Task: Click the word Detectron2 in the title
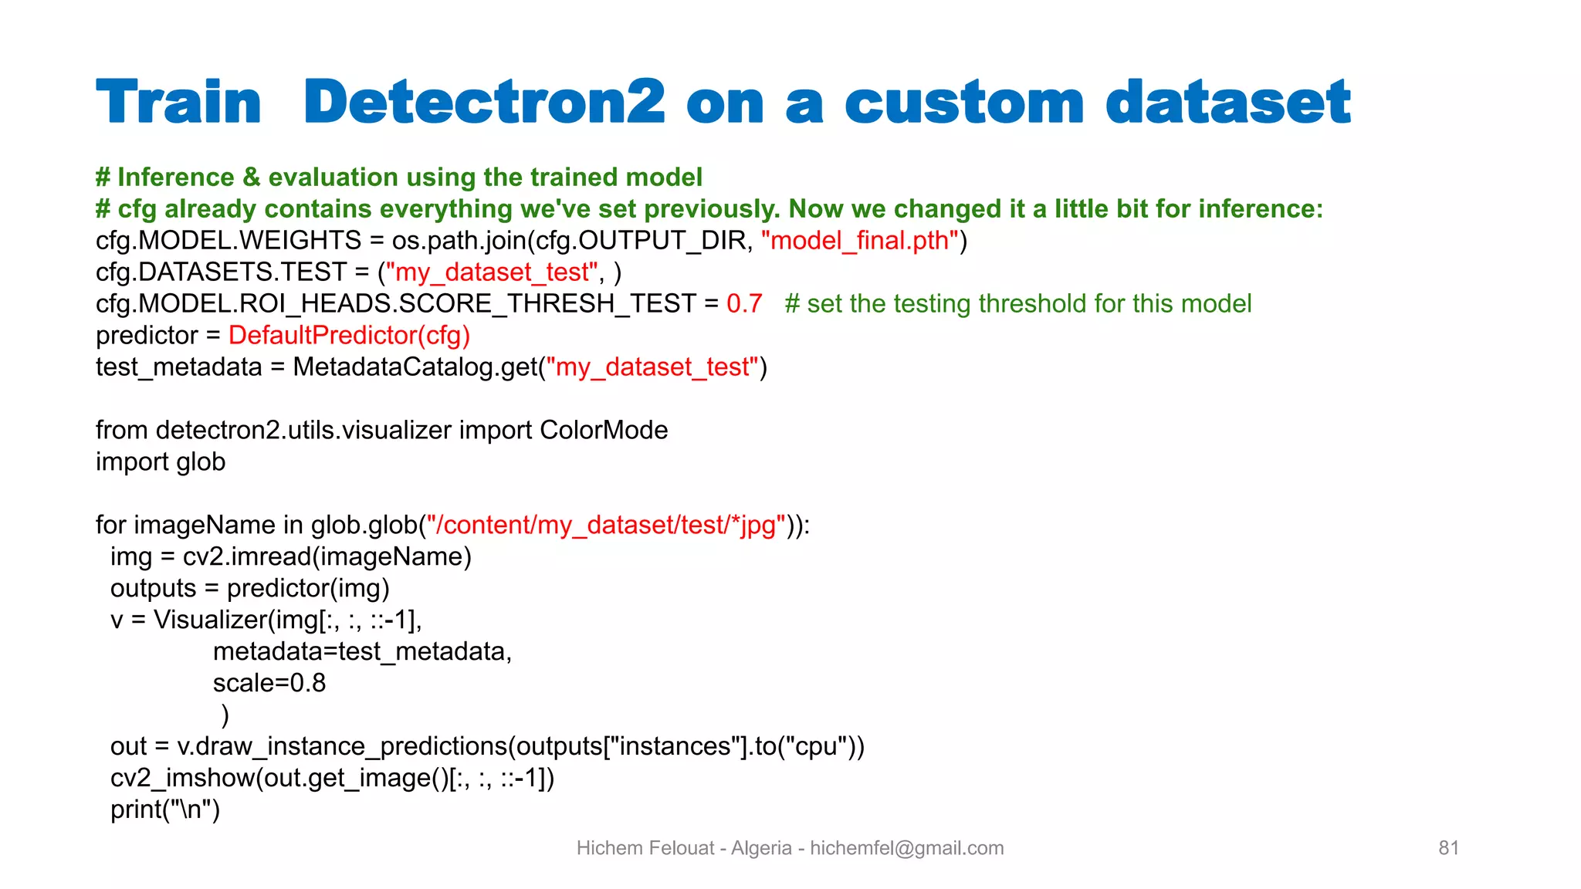point(484,102)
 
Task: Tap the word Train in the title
point(179,102)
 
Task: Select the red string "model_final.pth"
point(859,241)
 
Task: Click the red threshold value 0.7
point(744,304)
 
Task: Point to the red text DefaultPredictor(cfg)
point(349,336)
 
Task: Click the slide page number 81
point(1448,848)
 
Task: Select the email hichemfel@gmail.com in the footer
point(907,848)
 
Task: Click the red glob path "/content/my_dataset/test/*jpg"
point(606,526)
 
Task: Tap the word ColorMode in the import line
point(604,431)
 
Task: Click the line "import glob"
point(161,462)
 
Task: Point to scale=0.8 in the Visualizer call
point(269,684)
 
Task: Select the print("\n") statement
point(165,810)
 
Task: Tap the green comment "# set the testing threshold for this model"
point(1017,304)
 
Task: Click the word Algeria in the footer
point(761,848)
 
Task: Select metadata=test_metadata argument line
point(362,652)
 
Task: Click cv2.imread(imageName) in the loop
point(327,557)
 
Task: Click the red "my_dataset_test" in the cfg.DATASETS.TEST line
point(492,272)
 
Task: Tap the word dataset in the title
point(1227,102)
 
